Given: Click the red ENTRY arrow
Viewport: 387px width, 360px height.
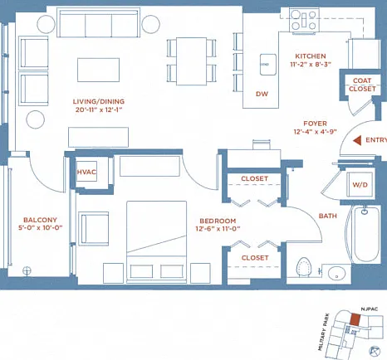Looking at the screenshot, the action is pos(357,140).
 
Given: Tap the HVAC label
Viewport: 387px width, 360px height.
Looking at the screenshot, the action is pos(86,172).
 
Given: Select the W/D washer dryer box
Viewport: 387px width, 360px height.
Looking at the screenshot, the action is pos(360,184).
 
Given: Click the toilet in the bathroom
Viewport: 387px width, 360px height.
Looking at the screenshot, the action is pos(304,267).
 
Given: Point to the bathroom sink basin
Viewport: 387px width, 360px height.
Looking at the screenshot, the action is pos(336,273).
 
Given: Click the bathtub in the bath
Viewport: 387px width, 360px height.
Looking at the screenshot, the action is pos(365,234).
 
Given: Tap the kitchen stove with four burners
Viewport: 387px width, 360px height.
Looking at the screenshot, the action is pos(304,20).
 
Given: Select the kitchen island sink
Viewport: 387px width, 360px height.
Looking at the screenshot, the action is pos(268,65).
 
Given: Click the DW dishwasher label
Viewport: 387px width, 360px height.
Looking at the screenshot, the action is pos(262,94).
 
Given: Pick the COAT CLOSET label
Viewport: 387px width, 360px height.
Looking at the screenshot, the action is pos(362,85).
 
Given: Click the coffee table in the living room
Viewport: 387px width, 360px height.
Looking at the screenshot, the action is pos(98,70).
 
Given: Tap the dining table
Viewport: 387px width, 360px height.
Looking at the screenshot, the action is pos(191,61).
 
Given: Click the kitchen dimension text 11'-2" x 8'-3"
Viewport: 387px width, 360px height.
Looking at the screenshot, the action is pos(311,65).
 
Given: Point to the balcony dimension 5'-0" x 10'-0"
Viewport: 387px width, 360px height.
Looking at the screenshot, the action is pos(41,228).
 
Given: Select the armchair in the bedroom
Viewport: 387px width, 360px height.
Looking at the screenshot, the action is pos(94,229).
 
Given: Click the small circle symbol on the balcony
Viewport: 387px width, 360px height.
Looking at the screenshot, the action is pos(27,270).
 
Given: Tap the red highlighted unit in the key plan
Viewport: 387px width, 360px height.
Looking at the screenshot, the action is pos(355,319).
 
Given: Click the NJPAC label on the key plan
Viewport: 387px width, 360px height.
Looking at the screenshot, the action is pos(370,309).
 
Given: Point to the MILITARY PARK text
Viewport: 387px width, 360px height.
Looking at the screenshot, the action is pos(323,332).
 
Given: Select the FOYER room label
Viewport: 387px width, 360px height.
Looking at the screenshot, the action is pos(315,124).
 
